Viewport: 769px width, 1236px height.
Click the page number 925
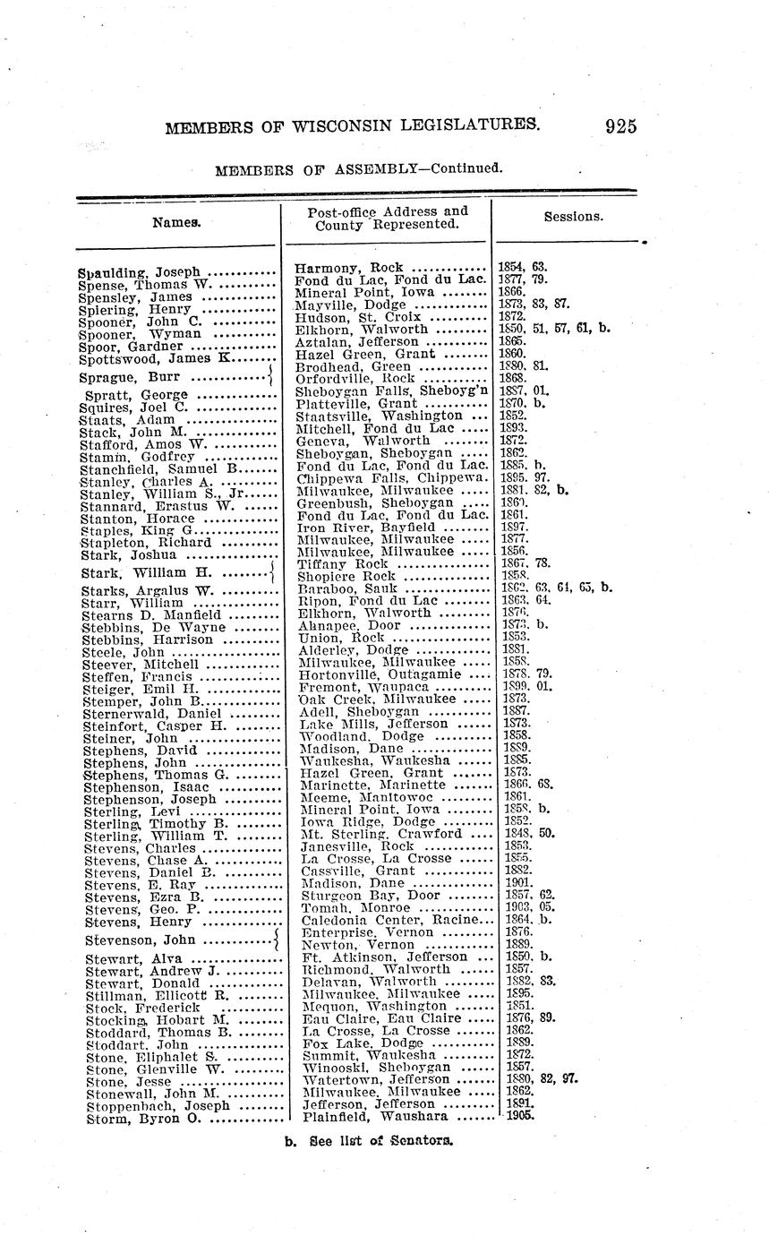(x=620, y=126)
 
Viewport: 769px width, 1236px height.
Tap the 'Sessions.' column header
(x=573, y=217)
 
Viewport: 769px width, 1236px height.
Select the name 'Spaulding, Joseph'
(x=138, y=272)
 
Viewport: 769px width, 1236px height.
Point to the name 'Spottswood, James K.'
(x=157, y=358)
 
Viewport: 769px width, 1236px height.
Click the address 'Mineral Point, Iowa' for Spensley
(x=364, y=292)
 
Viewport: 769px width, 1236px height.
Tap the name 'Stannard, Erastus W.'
(x=157, y=506)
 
